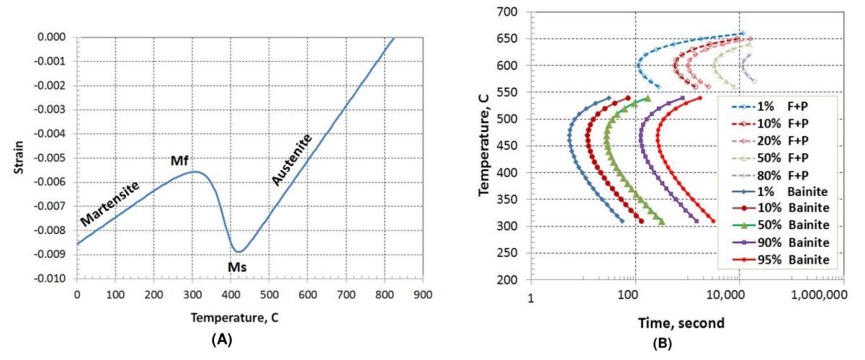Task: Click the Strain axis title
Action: tap(21, 157)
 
